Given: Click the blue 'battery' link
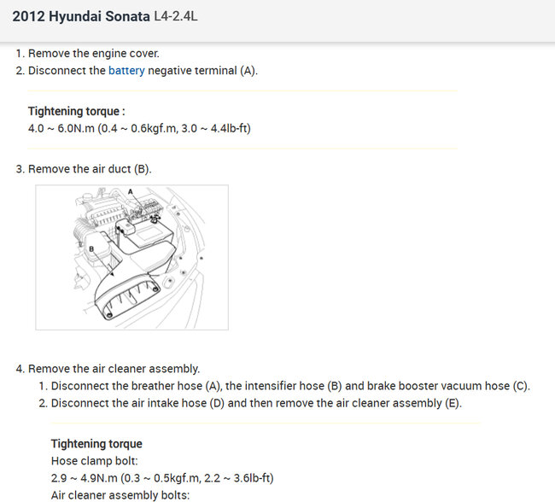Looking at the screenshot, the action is [126, 71].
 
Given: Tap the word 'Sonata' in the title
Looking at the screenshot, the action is [128, 16].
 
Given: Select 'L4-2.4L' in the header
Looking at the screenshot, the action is [176, 16].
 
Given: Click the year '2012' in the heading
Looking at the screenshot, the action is [29, 16].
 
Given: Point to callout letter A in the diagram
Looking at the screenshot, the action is [131, 192].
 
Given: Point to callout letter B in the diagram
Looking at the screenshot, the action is [91, 249].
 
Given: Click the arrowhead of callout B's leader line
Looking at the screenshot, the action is [112, 274].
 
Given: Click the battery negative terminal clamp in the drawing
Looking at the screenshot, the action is [155, 219].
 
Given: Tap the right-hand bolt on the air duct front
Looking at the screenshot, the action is [155, 289].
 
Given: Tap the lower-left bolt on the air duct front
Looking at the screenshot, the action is [109, 315].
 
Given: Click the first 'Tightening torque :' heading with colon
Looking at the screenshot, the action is [77, 111].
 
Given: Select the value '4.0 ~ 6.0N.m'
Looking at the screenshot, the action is [61, 128].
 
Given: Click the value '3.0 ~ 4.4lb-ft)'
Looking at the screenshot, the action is [216, 128].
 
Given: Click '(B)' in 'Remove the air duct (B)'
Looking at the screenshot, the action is [143, 169].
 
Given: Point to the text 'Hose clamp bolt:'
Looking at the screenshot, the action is [95, 460].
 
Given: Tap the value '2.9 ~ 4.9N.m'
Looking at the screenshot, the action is [85, 478].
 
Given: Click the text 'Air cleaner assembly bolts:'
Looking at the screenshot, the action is [120, 495].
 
